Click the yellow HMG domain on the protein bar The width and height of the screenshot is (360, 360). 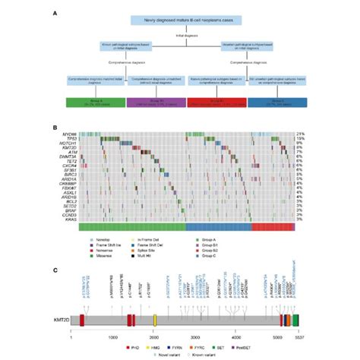(155, 322)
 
